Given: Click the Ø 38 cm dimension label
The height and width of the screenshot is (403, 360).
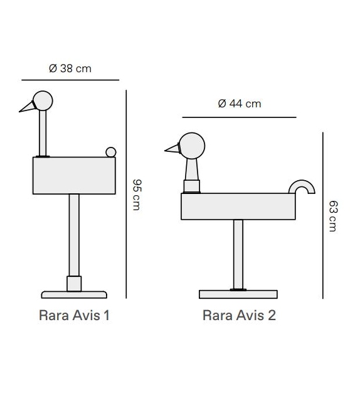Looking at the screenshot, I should click(70, 68).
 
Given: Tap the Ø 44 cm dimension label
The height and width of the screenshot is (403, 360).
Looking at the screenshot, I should click(239, 104).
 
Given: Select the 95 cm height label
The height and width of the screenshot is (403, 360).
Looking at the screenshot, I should click(137, 195).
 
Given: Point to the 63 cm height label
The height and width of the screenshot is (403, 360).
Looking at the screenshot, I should click(332, 216).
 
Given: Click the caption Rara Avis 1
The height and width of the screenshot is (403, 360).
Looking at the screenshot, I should click(74, 315).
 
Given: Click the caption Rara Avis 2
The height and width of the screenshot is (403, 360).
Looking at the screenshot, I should click(239, 315).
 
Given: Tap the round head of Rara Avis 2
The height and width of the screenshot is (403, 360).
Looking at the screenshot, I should click(191, 147).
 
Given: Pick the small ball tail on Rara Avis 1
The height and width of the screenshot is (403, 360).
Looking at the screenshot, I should click(111, 151).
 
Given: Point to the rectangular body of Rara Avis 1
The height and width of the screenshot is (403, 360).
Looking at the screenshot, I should click(75, 175).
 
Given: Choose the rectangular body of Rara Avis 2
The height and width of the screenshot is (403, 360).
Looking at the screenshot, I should click(239, 207).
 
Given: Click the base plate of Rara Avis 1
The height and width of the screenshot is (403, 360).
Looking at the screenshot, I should click(74, 294).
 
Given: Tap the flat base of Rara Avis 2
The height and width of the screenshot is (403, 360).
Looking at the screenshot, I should click(238, 294).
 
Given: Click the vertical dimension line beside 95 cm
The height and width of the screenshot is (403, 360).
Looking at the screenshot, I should click(127, 195).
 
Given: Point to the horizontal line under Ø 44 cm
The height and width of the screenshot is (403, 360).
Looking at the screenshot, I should click(239, 117).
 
